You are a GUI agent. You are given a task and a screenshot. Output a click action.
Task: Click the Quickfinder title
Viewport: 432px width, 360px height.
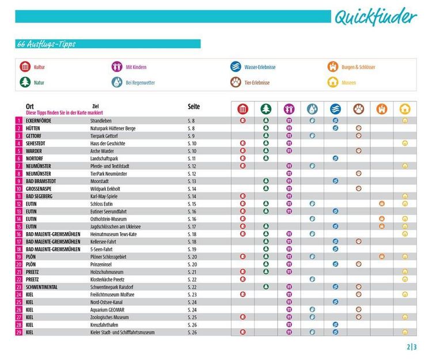pyautogui.click(x=375, y=17)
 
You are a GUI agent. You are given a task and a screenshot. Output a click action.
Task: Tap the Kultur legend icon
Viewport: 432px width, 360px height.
pyautogui.click(x=24, y=67)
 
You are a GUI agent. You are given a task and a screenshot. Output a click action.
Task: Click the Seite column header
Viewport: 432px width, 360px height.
pyautogui.click(x=194, y=107)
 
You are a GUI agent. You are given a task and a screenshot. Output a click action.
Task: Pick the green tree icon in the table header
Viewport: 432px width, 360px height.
pyautogui.click(x=266, y=109)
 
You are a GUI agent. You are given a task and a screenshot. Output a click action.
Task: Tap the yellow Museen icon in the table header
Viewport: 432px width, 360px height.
pyautogui.click(x=405, y=109)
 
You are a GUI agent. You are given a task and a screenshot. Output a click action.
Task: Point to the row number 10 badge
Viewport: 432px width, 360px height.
pyautogui.click(x=18, y=188)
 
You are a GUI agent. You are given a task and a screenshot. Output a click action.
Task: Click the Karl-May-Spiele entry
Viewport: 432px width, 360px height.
pyautogui.click(x=104, y=196)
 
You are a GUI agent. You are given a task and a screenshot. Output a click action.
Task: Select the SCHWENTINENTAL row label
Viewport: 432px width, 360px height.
pyautogui.click(x=49, y=287)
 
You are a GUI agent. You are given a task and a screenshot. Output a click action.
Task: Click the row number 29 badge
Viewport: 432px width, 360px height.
pyautogui.click(x=18, y=332)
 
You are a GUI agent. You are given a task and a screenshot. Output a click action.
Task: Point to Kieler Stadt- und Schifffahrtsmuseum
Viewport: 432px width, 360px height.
pyautogui.click(x=123, y=332)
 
